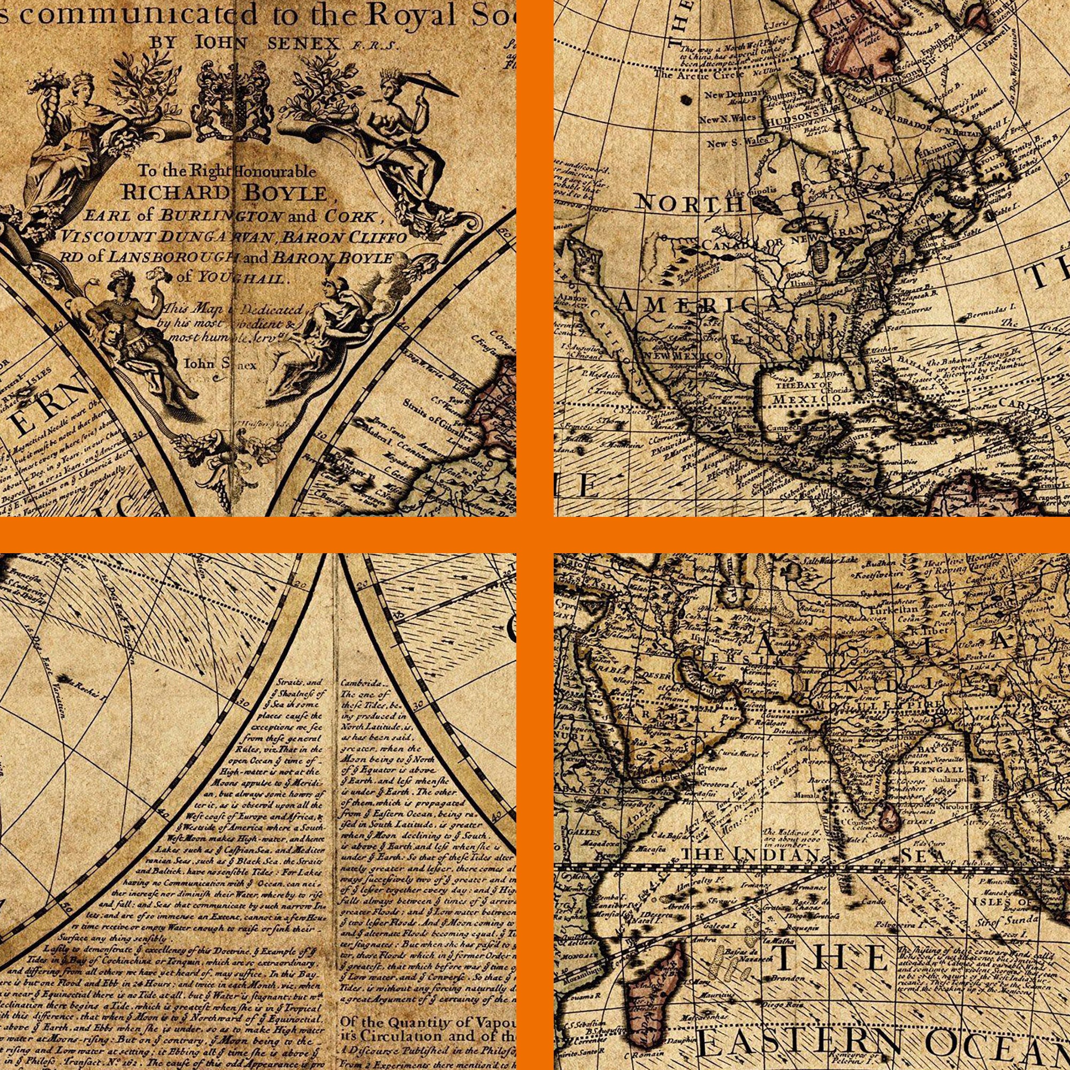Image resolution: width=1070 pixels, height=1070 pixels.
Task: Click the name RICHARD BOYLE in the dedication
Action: point(224,192)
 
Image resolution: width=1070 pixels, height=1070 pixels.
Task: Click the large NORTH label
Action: point(689,204)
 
